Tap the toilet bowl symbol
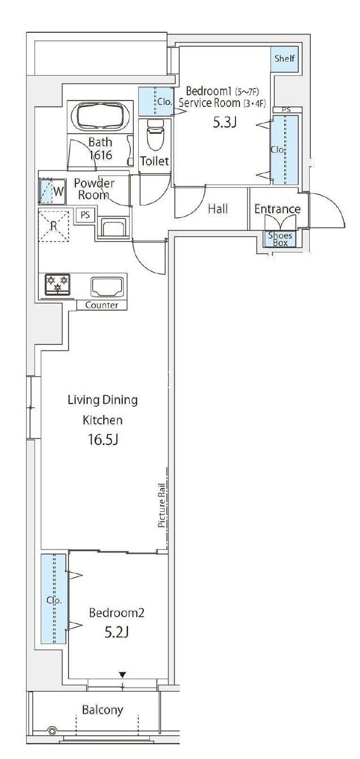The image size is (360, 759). pyautogui.click(x=155, y=135)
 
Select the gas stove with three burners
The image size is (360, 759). pyautogui.click(x=57, y=284)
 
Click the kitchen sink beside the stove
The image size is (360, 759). pyautogui.click(x=107, y=286)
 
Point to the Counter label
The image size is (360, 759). pyautogui.click(x=102, y=305)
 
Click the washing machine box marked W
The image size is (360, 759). pyautogui.click(x=52, y=191)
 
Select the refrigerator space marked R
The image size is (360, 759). pyautogui.click(x=54, y=226)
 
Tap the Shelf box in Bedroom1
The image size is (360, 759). pyautogui.click(x=285, y=59)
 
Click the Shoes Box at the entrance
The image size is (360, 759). pyautogui.click(x=280, y=239)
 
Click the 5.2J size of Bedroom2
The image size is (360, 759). pyautogui.click(x=116, y=632)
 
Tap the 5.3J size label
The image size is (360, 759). pyautogui.click(x=224, y=123)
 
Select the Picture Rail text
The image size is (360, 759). pyautogui.click(x=162, y=505)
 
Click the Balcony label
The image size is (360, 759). pyautogui.click(x=102, y=710)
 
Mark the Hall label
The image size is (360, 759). pyautogui.click(x=217, y=209)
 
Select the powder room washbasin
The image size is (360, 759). pyautogui.click(x=114, y=228)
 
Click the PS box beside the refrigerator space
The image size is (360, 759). pyautogui.click(x=85, y=215)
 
